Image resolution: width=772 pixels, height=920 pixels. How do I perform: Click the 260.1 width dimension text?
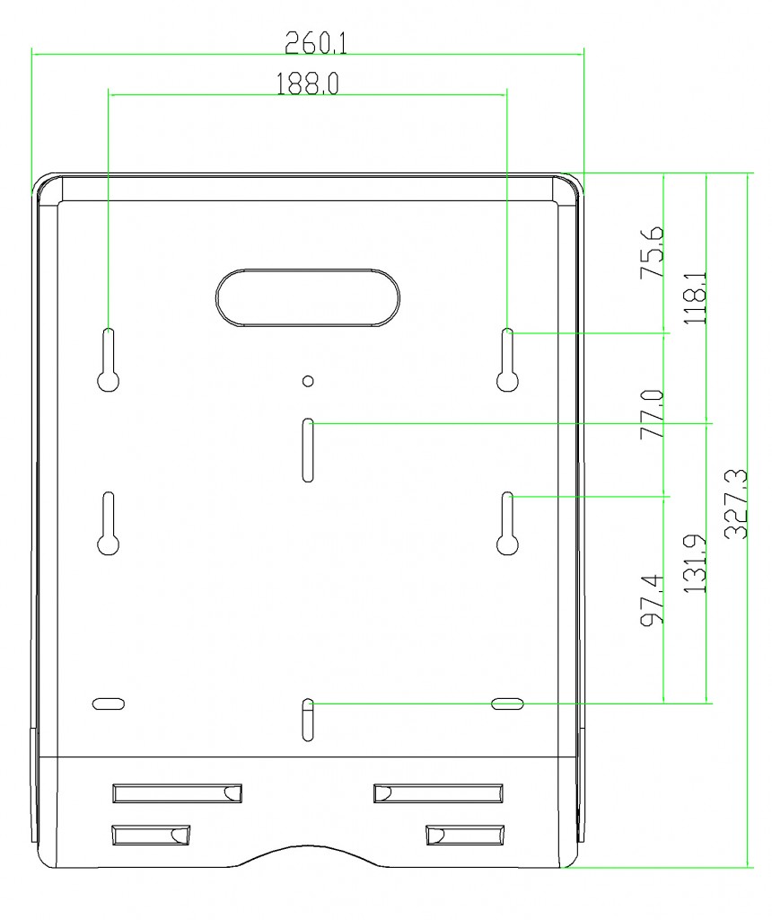coord(316,43)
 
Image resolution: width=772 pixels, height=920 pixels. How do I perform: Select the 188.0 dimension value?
coord(307,84)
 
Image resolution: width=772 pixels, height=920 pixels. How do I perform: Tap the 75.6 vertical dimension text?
coord(653,252)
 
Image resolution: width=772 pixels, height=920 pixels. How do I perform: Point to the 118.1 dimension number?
coord(695,296)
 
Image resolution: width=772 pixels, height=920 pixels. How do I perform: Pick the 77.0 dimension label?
coord(653,414)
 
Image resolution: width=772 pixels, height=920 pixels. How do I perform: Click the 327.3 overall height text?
coord(736,504)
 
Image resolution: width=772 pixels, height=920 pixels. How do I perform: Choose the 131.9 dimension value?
coord(695,563)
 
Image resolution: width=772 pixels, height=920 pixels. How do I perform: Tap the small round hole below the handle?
coord(308,381)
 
